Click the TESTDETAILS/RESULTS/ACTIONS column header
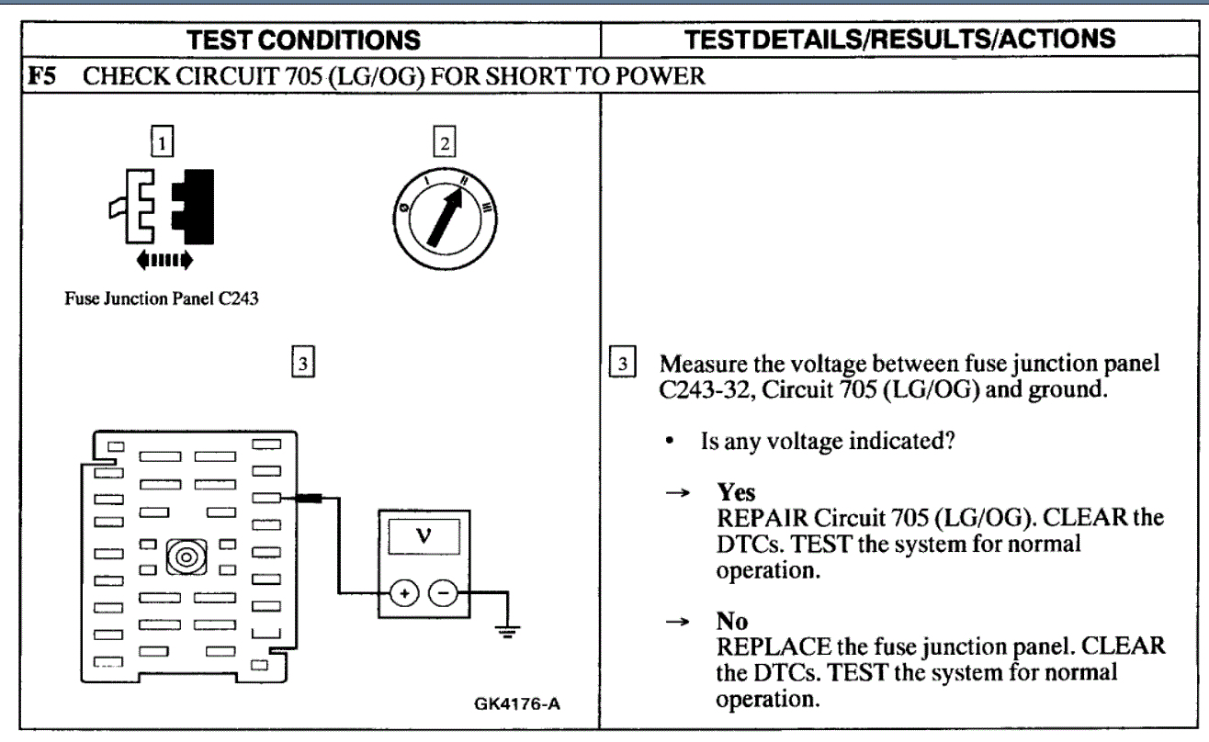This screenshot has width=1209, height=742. coord(903,39)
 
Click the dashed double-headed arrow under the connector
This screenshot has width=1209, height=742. coord(162,261)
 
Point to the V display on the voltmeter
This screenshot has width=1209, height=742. coord(423,539)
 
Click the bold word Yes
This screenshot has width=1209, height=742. coord(736,492)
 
